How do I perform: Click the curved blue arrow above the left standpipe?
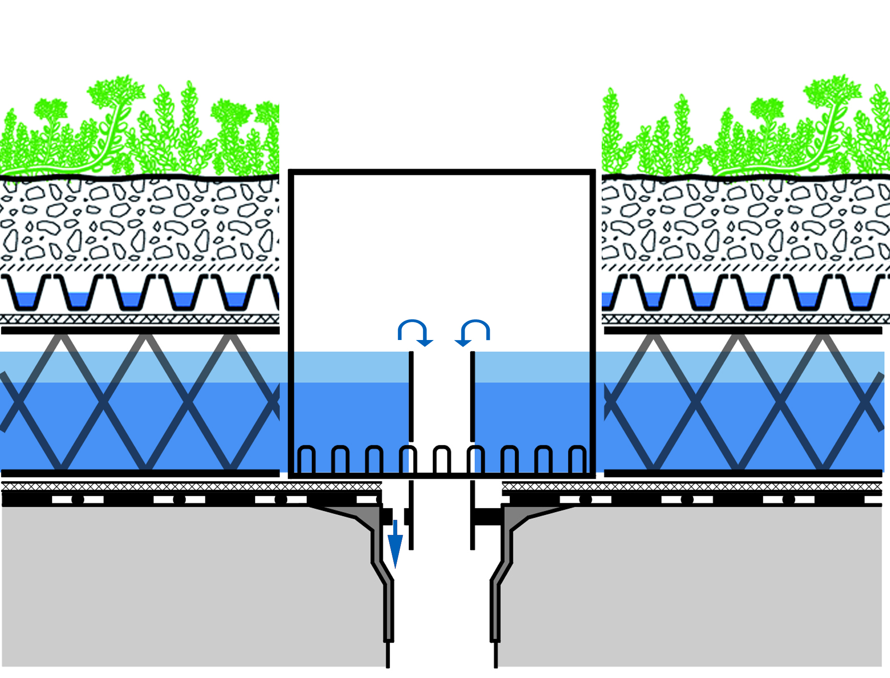click(414, 332)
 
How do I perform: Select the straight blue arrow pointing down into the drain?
click(395, 545)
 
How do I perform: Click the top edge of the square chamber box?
click(442, 172)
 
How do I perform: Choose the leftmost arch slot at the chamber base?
click(306, 459)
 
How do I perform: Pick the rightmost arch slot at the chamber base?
click(578, 459)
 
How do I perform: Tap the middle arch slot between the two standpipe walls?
click(442, 459)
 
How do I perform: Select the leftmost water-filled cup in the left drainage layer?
click(25, 300)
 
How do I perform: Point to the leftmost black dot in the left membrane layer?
click(78, 499)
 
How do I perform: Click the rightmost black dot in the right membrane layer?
click(789, 499)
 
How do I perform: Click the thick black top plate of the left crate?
click(141, 330)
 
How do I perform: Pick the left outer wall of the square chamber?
click(291, 321)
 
